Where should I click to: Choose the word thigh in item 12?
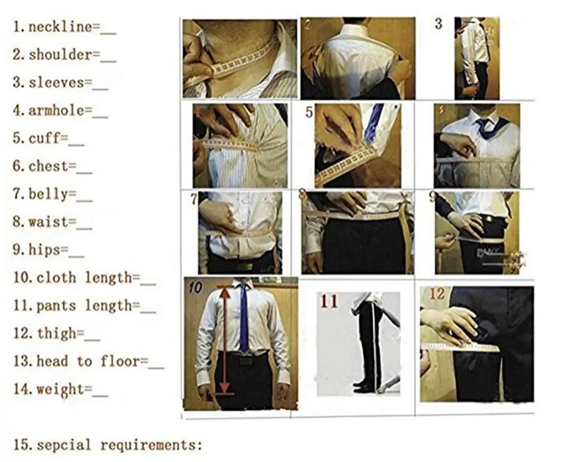[x=60, y=333]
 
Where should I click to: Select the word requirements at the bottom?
[x=150, y=445]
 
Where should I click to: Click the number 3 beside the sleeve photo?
[x=438, y=24]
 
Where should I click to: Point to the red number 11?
[x=329, y=301]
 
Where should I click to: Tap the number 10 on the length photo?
[x=195, y=287]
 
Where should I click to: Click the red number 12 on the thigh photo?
[x=437, y=294]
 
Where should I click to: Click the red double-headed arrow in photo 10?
[x=224, y=339]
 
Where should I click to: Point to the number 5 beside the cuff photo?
[x=309, y=112]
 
